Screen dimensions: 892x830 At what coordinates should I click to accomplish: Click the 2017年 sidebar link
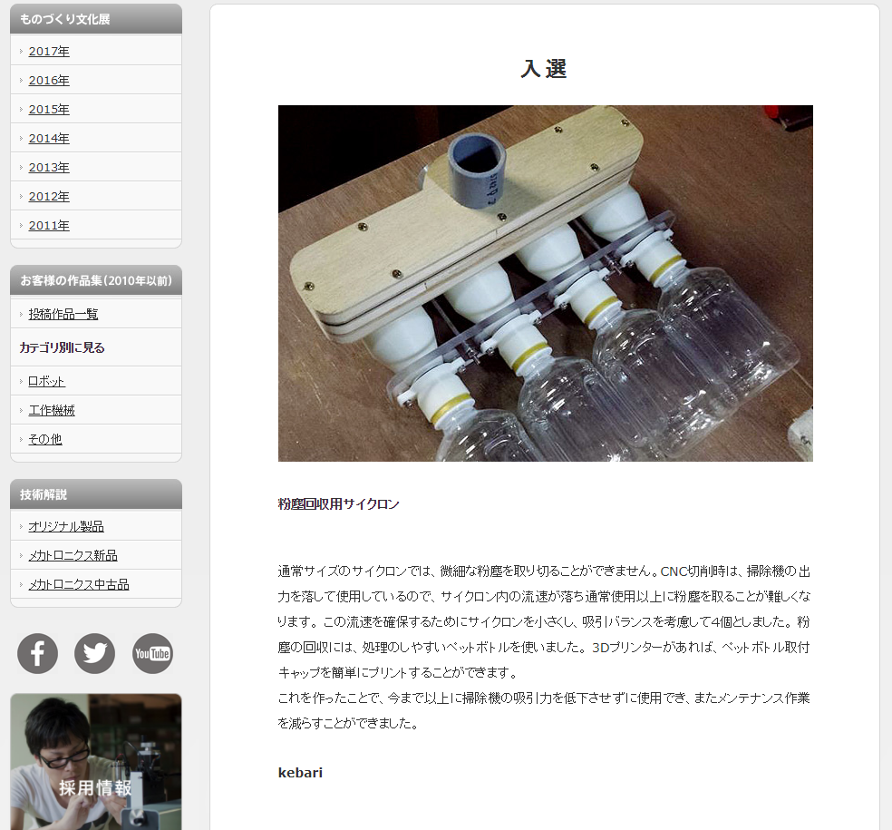(49, 51)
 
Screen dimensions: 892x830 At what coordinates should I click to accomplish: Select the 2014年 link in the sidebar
(49, 138)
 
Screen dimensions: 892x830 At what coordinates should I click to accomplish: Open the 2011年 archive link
(49, 226)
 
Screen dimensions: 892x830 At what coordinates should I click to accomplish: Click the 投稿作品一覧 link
(63, 314)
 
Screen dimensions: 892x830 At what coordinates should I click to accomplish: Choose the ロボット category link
(46, 381)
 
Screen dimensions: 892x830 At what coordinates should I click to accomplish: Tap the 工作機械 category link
(52, 410)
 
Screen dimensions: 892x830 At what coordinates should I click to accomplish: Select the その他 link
(45, 439)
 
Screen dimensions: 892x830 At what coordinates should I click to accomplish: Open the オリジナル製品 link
(66, 527)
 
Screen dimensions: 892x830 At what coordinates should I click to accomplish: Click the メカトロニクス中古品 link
(79, 585)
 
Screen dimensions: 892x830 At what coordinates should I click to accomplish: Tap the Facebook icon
(37, 653)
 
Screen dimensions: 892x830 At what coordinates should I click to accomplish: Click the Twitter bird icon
(94, 653)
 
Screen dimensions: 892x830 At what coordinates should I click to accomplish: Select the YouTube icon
(152, 653)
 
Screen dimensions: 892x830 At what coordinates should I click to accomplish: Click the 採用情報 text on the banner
(95, 788)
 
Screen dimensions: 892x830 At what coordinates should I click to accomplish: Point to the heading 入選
(544, 69)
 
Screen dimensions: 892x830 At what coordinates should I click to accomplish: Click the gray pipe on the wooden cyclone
(476, 169)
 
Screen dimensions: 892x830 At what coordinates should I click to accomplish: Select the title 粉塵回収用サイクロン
(338, 503)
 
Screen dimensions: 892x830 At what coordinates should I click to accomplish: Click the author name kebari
(300, 773)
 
